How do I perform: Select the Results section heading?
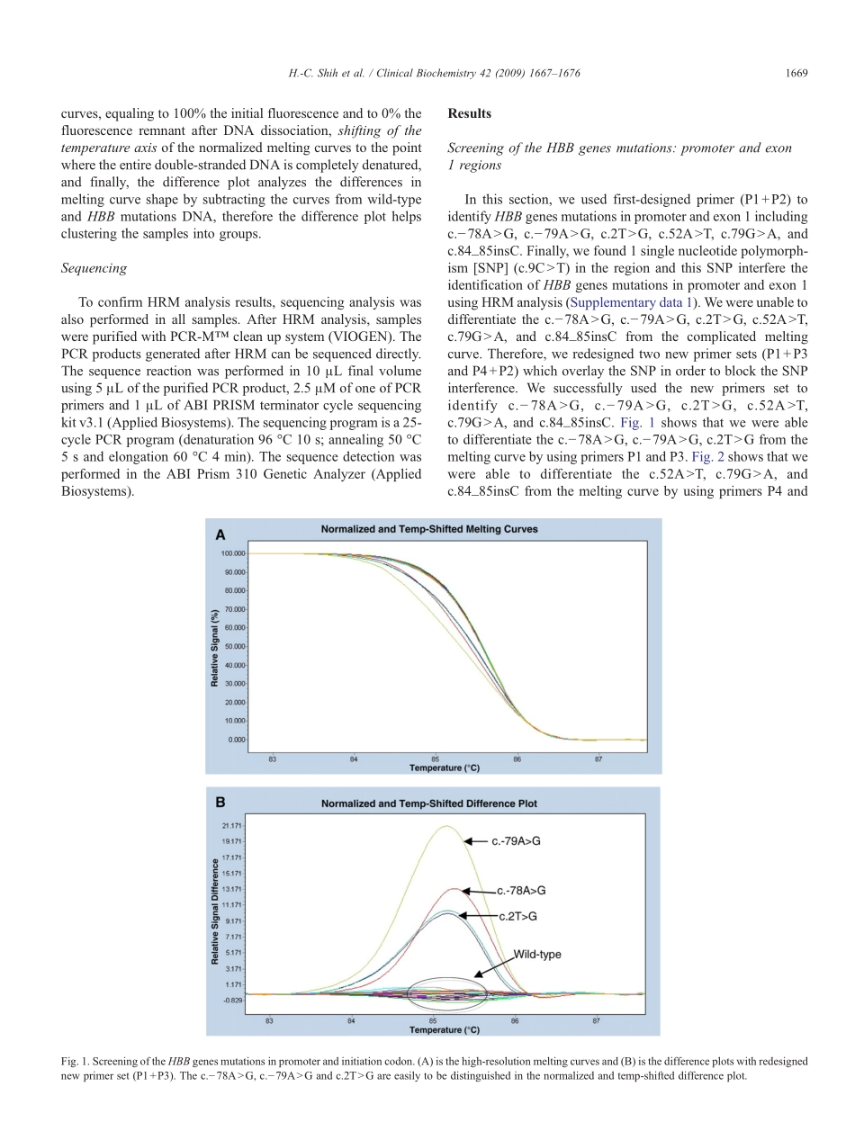coord(469,114)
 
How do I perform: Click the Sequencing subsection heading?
coord(93,268)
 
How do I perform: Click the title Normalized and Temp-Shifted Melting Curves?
coord(429,529)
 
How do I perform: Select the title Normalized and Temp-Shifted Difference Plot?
coord(429,803)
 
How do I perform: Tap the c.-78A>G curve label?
coord(521,891)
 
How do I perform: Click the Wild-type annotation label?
coord(537,954)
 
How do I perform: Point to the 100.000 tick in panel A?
coord(233,553)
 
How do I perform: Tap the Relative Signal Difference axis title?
coord(215,911)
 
